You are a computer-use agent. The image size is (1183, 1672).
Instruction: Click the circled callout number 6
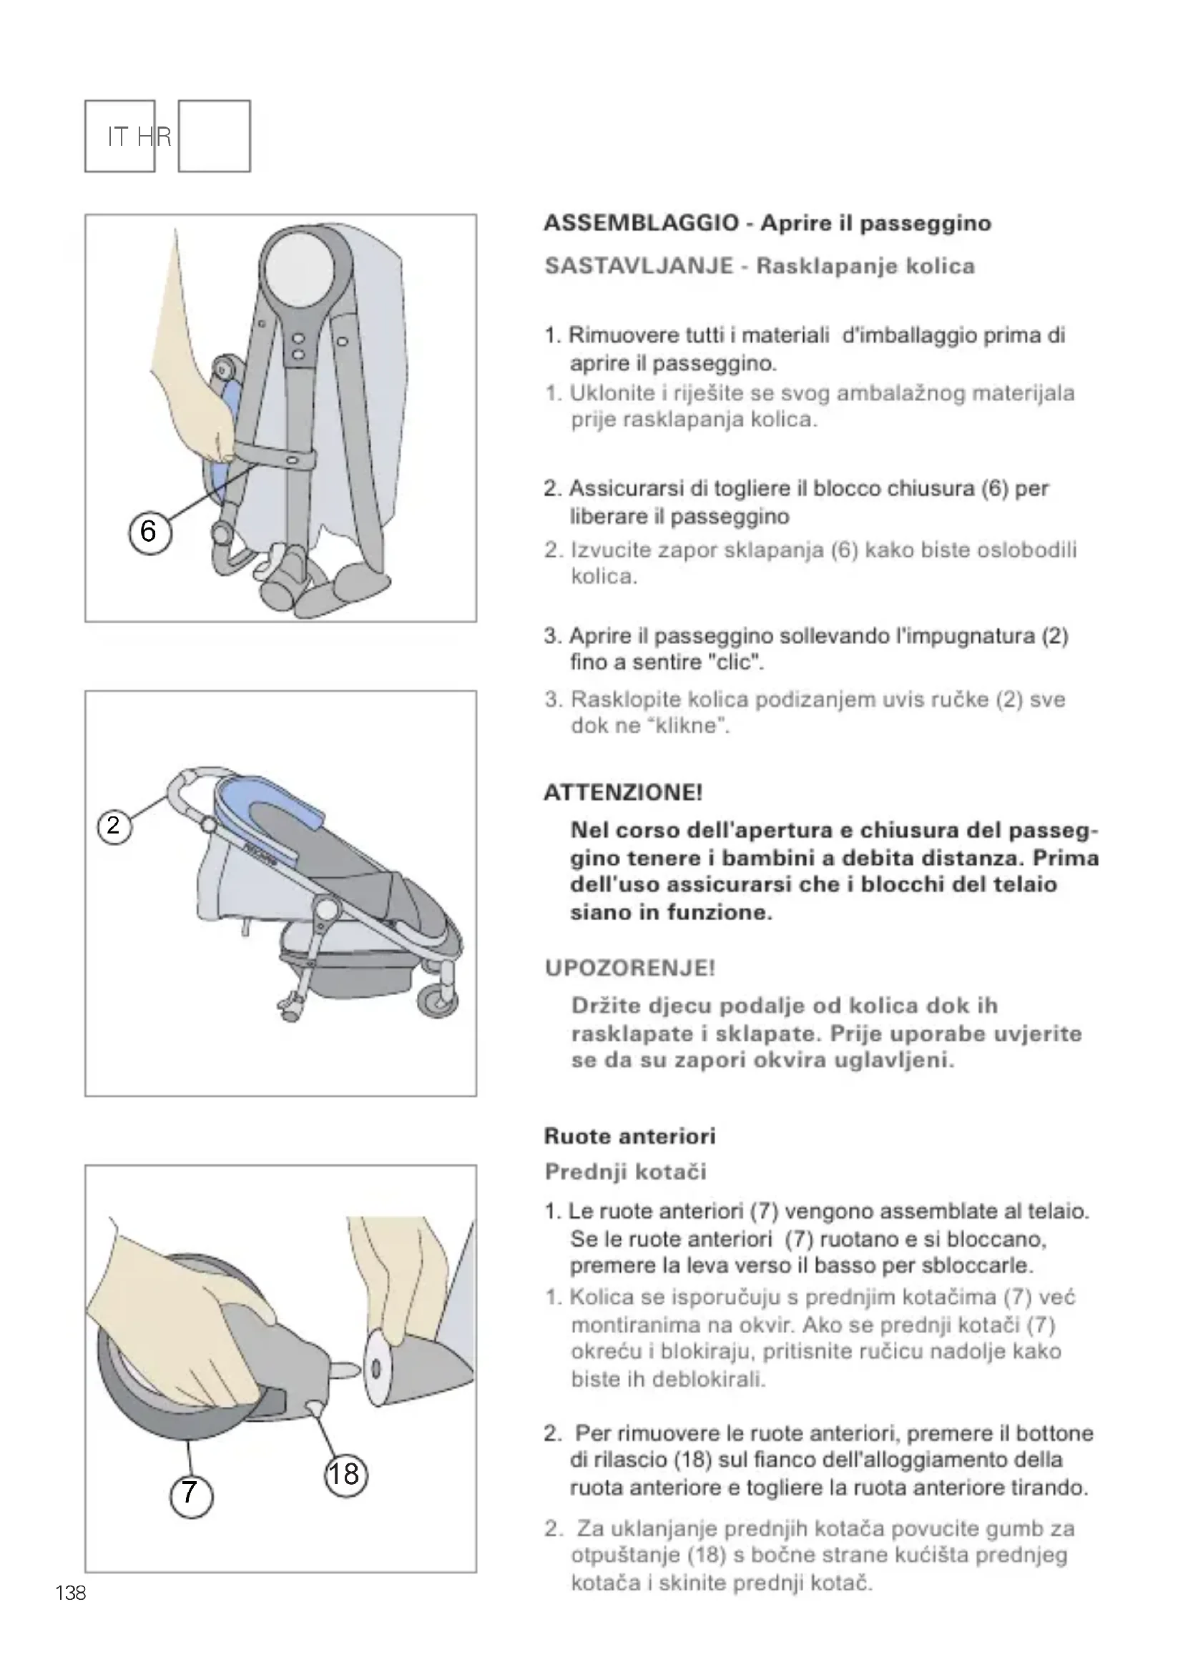click(149, 532)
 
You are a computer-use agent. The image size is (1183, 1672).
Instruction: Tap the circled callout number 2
click(114, 826)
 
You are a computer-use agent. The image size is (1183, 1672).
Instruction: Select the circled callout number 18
click(345, 1474)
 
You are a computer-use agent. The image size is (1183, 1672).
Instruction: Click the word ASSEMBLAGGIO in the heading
click(641, 223)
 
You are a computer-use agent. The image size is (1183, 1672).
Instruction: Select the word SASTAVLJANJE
click(638, 266)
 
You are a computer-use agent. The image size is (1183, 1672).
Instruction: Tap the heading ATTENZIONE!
click(623, 792)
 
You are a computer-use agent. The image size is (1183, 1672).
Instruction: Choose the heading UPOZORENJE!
click(629, 968)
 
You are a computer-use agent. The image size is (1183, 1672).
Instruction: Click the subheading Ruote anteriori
click(629, 1136)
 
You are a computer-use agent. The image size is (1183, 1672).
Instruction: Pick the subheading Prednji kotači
click(625, 1172)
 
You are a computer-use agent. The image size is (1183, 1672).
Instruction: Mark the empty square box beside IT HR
click(214, 137)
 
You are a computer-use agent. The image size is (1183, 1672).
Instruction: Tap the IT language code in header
click(118, 137)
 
